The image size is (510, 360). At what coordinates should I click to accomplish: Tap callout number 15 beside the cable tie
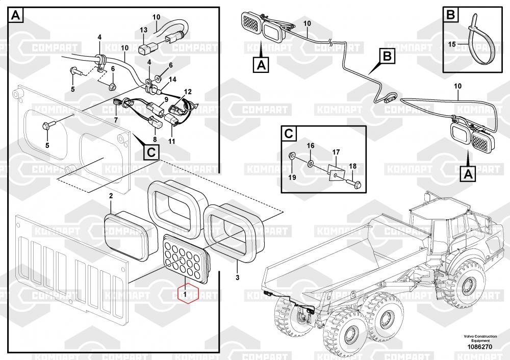click(451, 44)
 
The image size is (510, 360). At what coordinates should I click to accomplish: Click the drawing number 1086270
click(480, 347)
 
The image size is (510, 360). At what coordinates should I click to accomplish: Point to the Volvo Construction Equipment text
click(480, 338)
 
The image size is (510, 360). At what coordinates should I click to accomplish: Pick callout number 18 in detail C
click(352, 166)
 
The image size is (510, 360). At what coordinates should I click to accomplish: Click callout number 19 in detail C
click(292, 177)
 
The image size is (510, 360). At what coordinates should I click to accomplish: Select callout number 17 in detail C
click(336, 152)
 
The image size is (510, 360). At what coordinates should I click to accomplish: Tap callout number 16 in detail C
click(311, 145)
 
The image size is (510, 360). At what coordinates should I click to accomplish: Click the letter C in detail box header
click(289, 134)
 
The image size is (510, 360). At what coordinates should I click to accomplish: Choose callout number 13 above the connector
click(143, 30)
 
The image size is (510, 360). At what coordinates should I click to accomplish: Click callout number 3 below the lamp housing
click(238, 277)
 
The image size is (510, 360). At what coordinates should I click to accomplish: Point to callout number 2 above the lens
click(111, 196)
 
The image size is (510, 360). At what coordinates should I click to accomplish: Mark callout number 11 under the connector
click(171, 141)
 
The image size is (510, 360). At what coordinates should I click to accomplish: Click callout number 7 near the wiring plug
click(116, 120)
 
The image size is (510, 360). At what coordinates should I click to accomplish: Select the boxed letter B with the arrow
click(387, 56)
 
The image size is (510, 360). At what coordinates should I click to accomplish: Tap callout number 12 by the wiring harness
click(188, 92)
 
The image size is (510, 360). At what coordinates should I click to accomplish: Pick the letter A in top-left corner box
click(16, 16)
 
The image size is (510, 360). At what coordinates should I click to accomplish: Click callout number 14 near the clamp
click(172, 80)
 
